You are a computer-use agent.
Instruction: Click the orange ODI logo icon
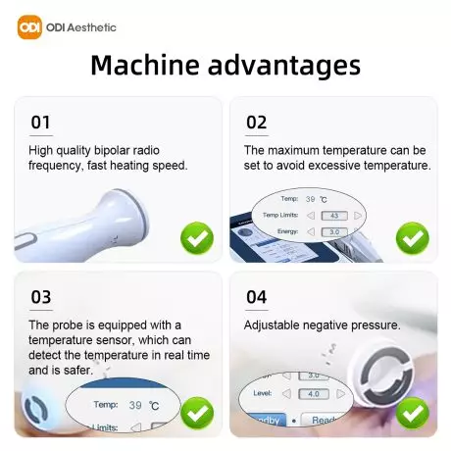pyautogui.click(x=30, y=26)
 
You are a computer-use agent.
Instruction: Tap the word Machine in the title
pyautogui.click(x=147, y=67)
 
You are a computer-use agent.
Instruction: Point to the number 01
pyautogui.click(x=40, y=123)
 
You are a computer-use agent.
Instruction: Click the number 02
pyautogui.click(x=255, y=123)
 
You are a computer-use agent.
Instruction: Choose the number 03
pyautogui.click(x=40, y=297)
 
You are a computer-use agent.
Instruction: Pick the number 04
pyautogui.click(x=255, y=297)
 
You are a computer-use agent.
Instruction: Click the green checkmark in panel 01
pyautogui.click(x=196, y=238)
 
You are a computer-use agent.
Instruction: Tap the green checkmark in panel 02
pyautogui.click(x=412, y=238)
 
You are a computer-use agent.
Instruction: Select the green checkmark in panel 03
pyautogui.click(x=196, y=412)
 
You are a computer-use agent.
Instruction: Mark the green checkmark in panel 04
pyautogui.click(x=412, y=412)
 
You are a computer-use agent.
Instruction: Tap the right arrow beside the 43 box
pyautogui.click(x=358, y=215)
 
